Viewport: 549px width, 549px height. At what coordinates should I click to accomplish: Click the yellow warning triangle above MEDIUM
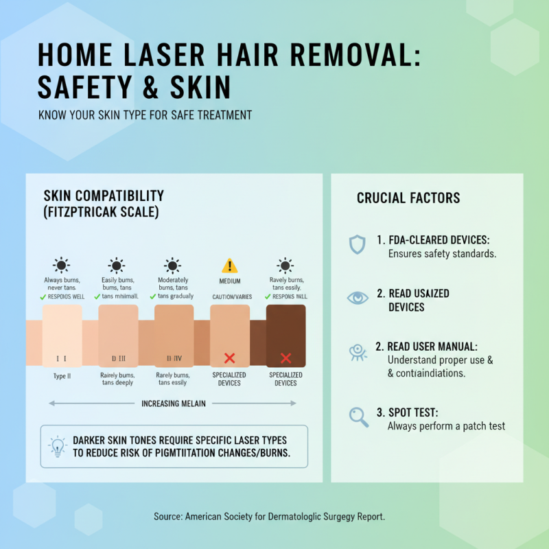coord(230,266)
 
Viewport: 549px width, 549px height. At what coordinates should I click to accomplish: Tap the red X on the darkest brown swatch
coord(285,358)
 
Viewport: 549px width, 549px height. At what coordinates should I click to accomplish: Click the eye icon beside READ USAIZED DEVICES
coord(358,297)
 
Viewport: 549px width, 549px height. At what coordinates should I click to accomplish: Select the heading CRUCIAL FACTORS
coord(408,198)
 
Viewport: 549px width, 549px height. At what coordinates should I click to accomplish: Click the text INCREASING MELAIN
coord(174,404)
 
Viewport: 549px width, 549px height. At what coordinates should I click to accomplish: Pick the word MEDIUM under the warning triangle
coord(230,281)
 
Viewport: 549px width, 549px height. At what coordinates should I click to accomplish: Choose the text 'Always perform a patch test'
coord(446,426)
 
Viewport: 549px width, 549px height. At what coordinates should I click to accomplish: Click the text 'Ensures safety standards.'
coord(442,254)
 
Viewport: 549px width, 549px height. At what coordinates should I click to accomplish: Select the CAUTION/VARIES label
coord(230,296)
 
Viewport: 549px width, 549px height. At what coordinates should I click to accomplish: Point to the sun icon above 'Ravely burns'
coord(285,265)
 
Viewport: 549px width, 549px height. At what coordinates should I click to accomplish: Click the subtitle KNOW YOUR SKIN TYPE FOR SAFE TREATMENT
coord(145,115)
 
